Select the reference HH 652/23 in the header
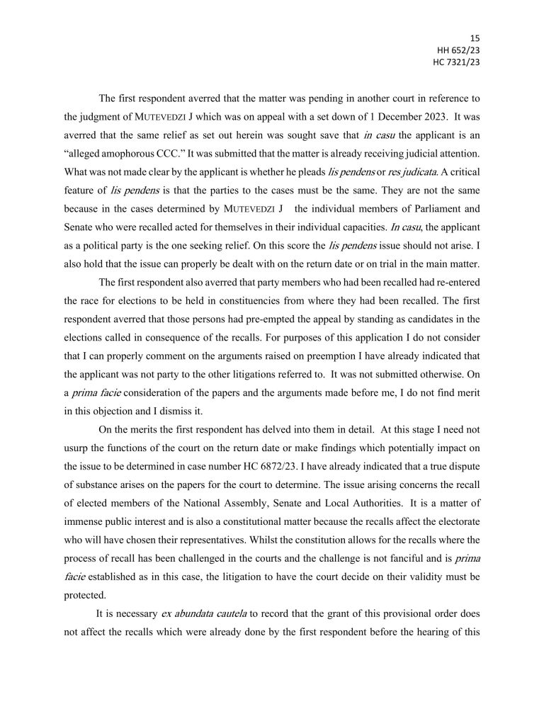click(458, 50)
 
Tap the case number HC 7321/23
click(456, 62)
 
